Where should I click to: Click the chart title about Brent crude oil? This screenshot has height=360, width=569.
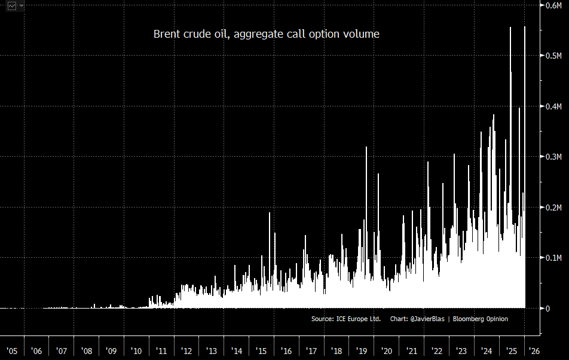point(267,34)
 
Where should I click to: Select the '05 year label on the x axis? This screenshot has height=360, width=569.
point(11,350)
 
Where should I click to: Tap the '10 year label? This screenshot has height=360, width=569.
point(136,350)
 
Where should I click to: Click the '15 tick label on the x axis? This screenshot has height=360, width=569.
point(261,350)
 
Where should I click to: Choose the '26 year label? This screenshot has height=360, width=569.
point(534,350)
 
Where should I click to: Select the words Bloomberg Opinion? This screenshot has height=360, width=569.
point(481,319)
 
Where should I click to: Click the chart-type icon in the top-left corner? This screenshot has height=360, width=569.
point(12,6)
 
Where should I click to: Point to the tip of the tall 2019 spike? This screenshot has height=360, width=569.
point(366,147)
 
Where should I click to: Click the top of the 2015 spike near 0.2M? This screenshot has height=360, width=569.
point(270,213)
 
